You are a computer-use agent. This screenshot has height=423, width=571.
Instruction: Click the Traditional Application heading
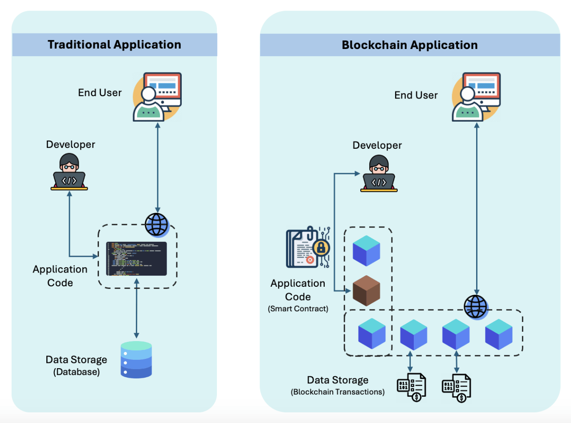pyautogui.click(x=114, y=45)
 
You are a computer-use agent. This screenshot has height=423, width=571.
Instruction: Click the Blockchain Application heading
pyautogui.click(x=409, y=45)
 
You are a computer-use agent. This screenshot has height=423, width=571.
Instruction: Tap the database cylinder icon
pyautogui.click(x=136, y=360)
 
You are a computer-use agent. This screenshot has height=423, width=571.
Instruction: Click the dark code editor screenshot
pyautogui.click(x=136, y=259)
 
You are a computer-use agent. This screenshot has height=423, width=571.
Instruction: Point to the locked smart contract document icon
pyautogui.click(x=308, y=248)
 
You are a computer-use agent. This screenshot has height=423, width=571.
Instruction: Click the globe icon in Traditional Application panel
pyautogui.click(x=156, y=224)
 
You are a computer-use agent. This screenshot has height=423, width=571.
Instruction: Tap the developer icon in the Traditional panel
pyautogui.click(x=69, y=172)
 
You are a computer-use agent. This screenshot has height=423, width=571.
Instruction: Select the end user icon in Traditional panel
pyautogui.click(x=157, y=97)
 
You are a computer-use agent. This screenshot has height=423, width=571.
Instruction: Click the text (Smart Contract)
pyautogui.click(x=298, y=309)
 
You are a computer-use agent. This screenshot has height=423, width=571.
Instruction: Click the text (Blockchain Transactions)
pyautogui.click(x=338, y=392)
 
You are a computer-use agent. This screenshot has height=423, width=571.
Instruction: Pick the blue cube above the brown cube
pyautogui.click(x=366, y=250)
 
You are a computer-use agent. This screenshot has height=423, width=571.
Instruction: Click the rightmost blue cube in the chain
pyautogui.click(x=499, y=334)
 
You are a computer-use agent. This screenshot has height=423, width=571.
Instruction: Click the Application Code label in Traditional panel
pyautogui.click(x=60, y=276)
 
